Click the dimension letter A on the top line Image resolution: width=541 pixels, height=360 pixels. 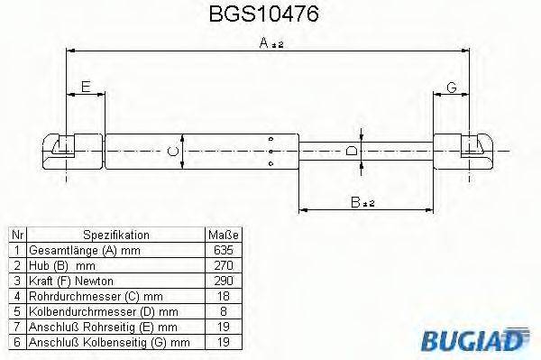(x=263, y=42)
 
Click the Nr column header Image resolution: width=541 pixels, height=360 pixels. (x=14, y=234)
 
